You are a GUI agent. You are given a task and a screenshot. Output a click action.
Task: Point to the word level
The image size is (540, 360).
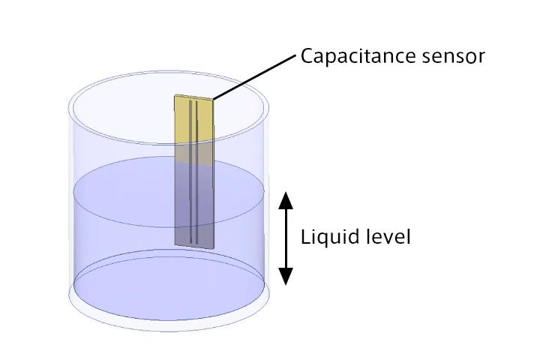384,238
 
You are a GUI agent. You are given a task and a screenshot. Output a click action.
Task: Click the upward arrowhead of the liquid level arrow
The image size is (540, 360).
285,199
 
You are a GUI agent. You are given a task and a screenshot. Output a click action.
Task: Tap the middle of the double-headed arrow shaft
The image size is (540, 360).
285,238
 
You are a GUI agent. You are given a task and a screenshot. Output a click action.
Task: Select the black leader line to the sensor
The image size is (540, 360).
255,76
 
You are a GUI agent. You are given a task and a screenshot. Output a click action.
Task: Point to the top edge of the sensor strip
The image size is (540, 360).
194,97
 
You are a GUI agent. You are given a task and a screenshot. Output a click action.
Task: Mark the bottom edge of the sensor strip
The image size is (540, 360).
193,246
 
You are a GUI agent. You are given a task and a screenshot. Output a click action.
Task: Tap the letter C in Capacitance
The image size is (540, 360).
307,56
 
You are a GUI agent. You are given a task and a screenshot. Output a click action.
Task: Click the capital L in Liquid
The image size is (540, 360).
304,238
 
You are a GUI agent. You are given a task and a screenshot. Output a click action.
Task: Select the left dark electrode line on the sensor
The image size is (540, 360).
190,172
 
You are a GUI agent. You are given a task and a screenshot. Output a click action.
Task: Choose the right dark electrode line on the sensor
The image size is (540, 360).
196,172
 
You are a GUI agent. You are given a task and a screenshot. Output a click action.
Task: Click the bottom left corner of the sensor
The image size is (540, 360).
175,243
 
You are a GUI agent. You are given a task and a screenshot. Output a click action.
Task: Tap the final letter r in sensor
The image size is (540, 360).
482,58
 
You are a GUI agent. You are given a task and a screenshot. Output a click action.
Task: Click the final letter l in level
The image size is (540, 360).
409,238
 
